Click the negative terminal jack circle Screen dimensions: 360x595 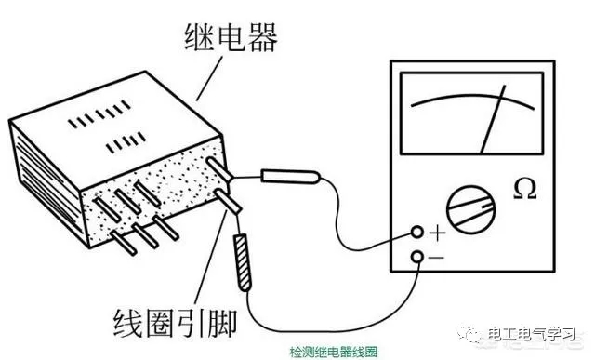(417, 257)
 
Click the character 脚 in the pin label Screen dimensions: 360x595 (220, 323)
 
